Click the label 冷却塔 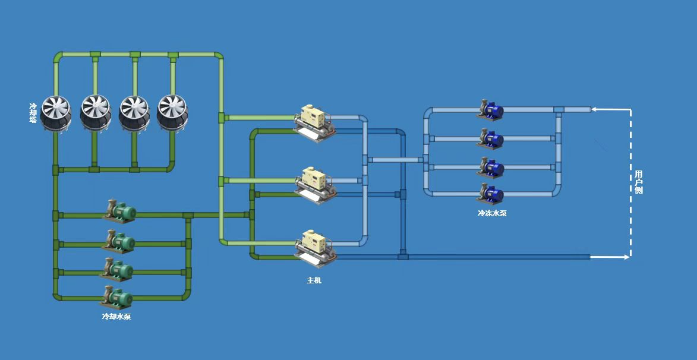pyautogui.click(x=33, y=113)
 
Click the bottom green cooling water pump pyautogui.click(x=118, y=296)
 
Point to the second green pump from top pyautogui.click(x=119, y=241)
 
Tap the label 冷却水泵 pyautogui.click(x=116, y=317)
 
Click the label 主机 pyautogui.click(x=314, y=280)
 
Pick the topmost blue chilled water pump pyautogui.click(x=491, y=109)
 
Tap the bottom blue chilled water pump pyautogui.click(x=491, y=193)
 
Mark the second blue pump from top pyautogui.click(x=491, y=138)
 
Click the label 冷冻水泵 pyautogui.click(x=492, y=213)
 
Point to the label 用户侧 pyautogui.click(x=638, y=182)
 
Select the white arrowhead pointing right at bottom pyautogui.click(x=626, y=257)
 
